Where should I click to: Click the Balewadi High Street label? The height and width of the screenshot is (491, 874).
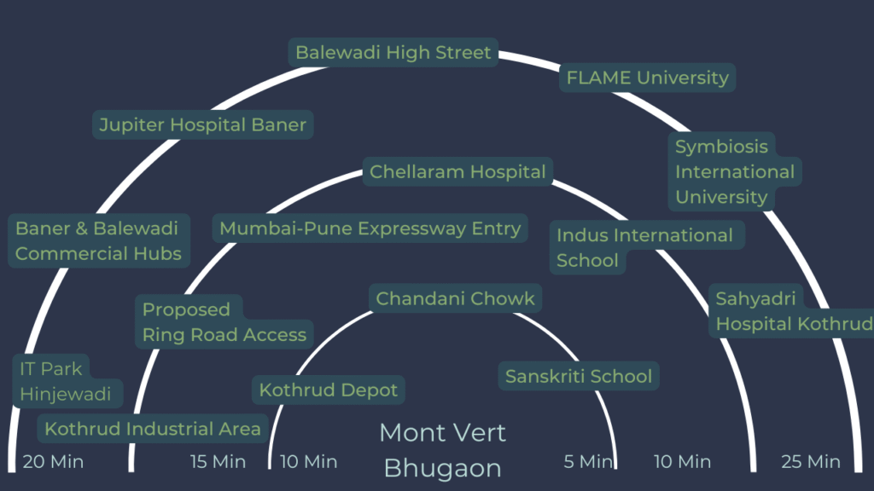coord(393,53)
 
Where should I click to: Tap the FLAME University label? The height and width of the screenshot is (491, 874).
coord(647,78)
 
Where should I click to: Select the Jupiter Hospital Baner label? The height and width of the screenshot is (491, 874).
coord(202,125)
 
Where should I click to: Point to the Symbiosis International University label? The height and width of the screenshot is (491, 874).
coord(734,171)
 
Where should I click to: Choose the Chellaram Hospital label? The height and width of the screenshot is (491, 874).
coord(457,172)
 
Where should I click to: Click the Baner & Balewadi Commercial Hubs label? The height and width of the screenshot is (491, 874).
coord(98,241)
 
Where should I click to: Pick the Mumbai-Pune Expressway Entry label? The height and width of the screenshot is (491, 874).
coord(370,228)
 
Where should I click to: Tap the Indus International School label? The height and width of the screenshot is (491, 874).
coord(644,247)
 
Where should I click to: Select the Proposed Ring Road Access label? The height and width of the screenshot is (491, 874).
coord(224,322)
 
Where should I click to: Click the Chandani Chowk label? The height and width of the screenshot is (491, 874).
coord(455,298)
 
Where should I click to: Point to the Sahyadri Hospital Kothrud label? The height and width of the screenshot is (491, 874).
coord(792,311)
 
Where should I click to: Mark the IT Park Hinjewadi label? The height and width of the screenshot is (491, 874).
coord(66,382)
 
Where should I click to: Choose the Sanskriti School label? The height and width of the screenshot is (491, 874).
coord(578,377)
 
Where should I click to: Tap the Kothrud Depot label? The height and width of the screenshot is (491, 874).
coord(329,390)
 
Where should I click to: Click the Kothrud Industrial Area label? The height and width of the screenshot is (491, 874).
coord(153,429)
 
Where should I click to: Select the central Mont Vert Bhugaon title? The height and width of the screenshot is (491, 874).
coord(442,449)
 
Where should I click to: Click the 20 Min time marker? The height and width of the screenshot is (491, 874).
coord(53,462)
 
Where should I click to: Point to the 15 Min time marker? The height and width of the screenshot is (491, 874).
coord(218,462)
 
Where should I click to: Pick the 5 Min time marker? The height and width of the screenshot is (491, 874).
coord(588,462)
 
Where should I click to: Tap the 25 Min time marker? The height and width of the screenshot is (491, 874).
coord(810,462)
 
